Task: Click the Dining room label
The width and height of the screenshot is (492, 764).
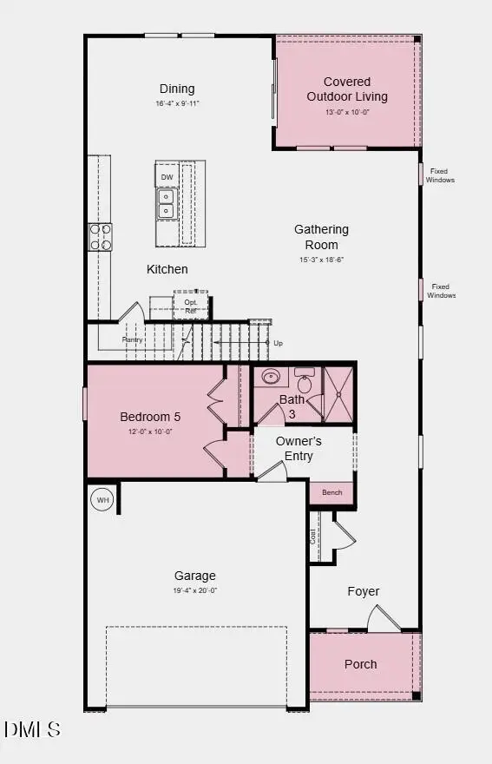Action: [x=177, y=89]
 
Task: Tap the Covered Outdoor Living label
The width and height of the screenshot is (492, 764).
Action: [x=347, y=89]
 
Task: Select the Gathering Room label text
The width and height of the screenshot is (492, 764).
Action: [x=321, y=237]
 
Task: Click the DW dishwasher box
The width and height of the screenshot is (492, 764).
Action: [x=167, y=177]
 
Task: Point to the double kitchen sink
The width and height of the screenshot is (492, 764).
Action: [x=166, y=203]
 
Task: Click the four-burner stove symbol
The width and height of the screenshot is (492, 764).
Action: [x=101, y=235]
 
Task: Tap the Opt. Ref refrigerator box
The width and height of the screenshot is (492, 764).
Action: [x=191, y=306]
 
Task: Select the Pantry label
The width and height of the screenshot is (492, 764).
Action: [x=132, y=339]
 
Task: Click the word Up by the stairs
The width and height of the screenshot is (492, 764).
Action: [x=278, y=343]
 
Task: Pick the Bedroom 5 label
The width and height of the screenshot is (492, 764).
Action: [x=150, y=417]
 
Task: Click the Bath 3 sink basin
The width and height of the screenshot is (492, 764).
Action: [x=272, y=378]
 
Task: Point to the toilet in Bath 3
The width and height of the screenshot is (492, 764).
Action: [x=305, y=382]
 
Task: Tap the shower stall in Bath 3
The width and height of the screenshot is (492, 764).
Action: [x=339, y=394]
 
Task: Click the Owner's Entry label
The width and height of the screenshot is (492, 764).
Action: [x=298, y=448]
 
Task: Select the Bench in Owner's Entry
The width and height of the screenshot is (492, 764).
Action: [x=331, y=492]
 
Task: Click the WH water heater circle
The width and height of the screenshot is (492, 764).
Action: [x=102, y=500]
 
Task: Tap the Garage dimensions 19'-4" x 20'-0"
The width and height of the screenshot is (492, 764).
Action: [x=195, y=590]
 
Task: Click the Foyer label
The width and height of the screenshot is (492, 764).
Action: [x=364, y=591]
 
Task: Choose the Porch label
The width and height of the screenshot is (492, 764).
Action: [x=360, y=664]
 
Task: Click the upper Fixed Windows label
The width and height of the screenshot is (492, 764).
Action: [x=441, y=175]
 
